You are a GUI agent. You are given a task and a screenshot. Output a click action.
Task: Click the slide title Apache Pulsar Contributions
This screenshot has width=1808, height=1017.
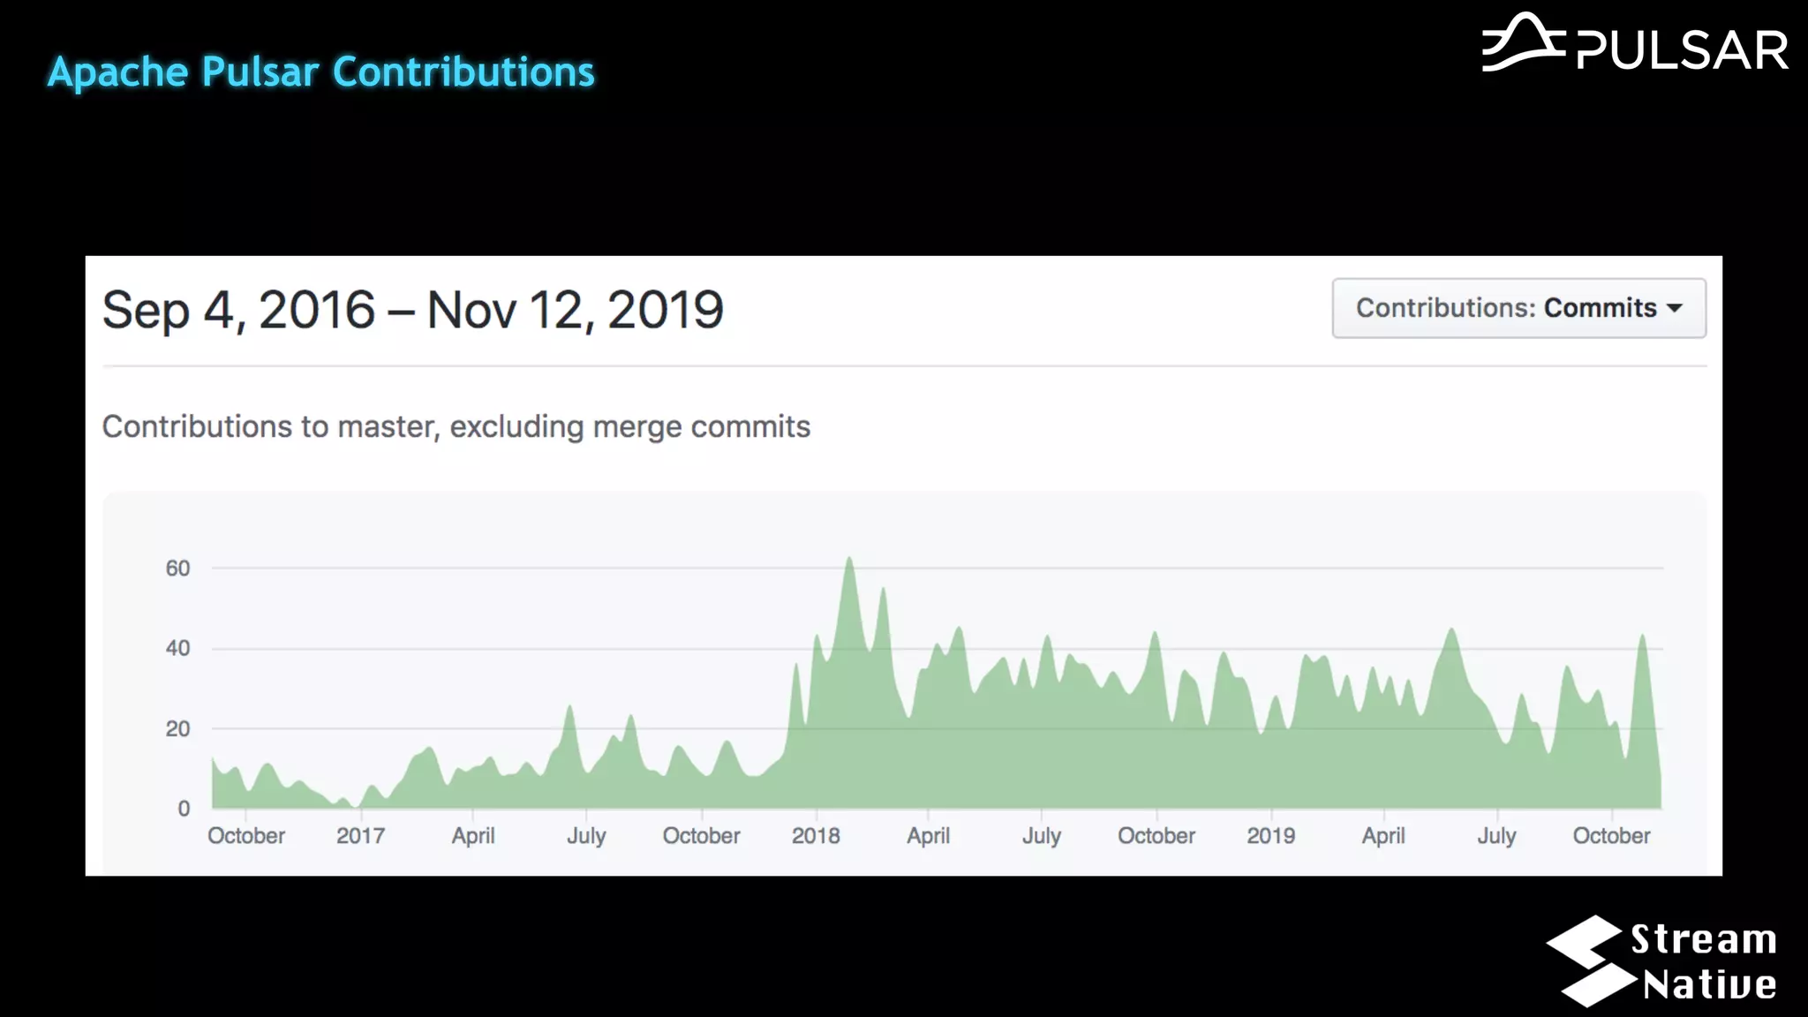click(x=320, y=72)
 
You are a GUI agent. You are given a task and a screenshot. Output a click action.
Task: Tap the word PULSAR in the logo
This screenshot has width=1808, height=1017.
click(x=1682, y=50)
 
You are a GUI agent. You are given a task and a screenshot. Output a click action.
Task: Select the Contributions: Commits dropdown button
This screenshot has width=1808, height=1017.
click(x=1518, y=308)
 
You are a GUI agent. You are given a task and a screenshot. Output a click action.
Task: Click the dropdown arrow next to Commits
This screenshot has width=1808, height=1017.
click(x=1674, y=309)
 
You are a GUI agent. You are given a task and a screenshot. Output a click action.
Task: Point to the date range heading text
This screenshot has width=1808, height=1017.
click(x=412, y=311)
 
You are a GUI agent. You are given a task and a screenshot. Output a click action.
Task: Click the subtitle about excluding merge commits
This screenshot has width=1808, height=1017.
click(x=456, y=427)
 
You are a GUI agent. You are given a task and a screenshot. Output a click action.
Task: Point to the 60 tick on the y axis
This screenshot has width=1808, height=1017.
click(x=177, y=569)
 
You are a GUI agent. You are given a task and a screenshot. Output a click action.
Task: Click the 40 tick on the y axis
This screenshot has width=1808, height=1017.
click(x=177, y=649)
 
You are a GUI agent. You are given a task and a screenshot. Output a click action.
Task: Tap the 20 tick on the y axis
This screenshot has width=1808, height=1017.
click(x=177, y=729)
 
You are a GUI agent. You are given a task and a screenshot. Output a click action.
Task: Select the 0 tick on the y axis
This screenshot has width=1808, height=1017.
click(x=184, y=809)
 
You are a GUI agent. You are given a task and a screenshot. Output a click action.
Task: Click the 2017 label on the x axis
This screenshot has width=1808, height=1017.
click(x=360, y=836)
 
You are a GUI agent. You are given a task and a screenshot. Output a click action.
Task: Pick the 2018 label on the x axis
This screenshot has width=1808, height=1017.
click(x=816, y=836)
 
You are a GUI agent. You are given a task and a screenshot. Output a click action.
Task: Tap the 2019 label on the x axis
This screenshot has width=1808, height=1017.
click(x=1270, y=836)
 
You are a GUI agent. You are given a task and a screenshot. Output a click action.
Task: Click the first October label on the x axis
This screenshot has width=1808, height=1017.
click(x=246, y=836)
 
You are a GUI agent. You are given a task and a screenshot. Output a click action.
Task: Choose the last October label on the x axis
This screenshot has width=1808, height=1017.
click(x=1611, y=836)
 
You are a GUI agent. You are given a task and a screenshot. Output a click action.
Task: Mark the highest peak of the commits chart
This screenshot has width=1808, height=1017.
click(x=849, y=560)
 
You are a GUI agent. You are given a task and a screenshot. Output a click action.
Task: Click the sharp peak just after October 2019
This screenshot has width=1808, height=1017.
click(x=1642, y=637)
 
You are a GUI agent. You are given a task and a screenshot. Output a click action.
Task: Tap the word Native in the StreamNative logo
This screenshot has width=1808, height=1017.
click(x=1709, y=985)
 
